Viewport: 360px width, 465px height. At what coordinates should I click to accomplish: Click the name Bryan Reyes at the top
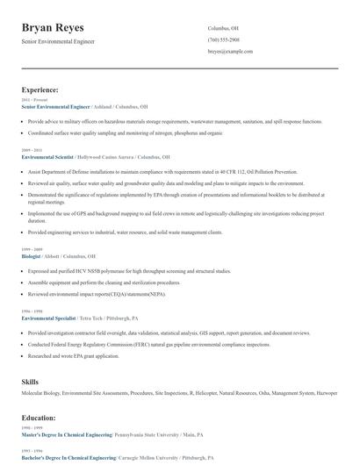[x=59, y=27]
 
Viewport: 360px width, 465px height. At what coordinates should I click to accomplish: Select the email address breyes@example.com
[x=230, y=52]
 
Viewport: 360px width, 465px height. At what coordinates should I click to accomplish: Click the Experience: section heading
[x=40, y=89]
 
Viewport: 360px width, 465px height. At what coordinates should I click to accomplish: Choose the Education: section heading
[x=39, y=418]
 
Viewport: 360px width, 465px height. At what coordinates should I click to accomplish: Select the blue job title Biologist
[x=31, y=256]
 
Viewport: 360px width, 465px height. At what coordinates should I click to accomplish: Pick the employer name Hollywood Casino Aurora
[x=113, y=156]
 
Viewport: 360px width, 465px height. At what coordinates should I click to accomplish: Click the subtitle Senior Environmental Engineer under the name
[x=58, y=41]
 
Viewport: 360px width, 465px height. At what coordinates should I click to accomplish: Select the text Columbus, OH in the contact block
[x=223, y=28]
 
